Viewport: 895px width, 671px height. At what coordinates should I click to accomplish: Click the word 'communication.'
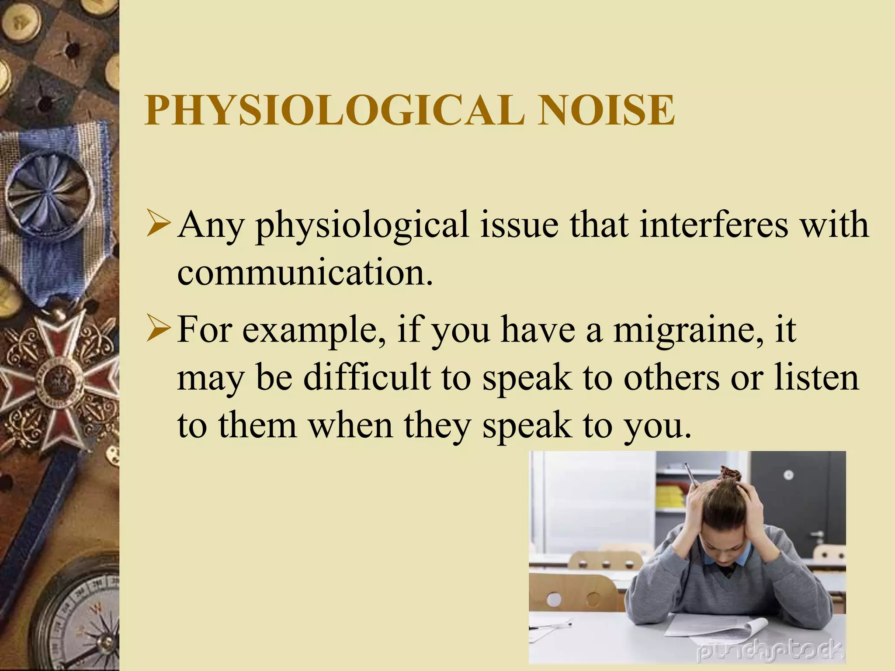click(305, 273)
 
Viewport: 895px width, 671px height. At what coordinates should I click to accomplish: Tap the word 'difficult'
click(367, 377)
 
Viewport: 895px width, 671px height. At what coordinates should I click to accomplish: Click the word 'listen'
click(816, 377)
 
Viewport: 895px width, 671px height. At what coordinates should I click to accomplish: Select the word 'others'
click(671, 377)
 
